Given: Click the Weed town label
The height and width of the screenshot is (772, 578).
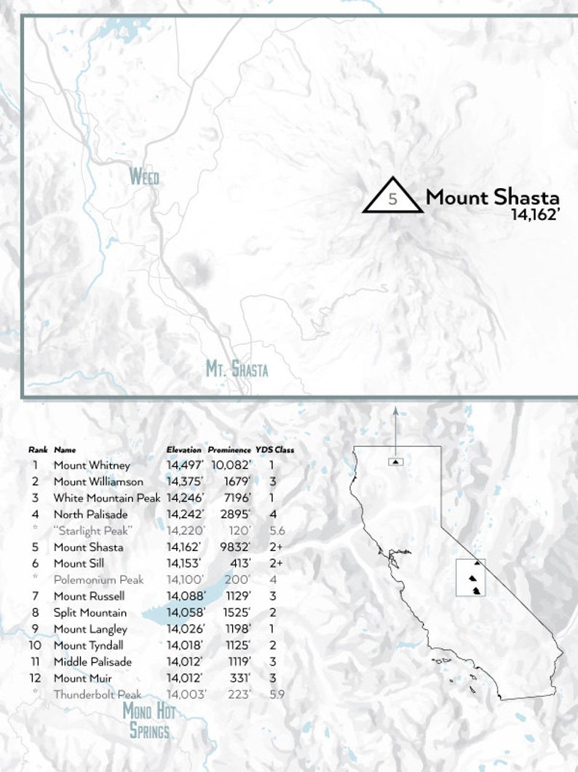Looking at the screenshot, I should pos(143,176).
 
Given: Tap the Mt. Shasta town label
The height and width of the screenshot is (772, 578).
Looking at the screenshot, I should pos(237,369).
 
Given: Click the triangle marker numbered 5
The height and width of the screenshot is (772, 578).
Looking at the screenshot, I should pos(393,196).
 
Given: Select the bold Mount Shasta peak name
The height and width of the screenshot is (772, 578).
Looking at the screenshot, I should pos(492,197).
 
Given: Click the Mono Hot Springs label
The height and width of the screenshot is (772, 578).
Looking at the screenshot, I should pos(149,720).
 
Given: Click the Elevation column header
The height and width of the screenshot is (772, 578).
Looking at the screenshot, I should pos(183,450).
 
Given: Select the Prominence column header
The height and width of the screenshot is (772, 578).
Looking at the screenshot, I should pos(229,450).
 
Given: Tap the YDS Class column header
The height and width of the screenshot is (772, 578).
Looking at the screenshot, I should pos(274,450).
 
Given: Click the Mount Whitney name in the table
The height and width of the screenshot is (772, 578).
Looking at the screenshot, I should pos(92,465).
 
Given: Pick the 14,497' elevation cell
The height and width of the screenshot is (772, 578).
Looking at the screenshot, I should pos(186,465).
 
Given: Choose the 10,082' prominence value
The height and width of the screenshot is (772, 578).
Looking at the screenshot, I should pos(231,465).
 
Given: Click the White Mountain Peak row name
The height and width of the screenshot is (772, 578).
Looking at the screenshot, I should pos(106,498).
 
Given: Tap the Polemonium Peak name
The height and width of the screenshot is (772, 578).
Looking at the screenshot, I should pos(98,580).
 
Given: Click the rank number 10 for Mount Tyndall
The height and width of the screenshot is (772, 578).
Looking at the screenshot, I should pos(34,645).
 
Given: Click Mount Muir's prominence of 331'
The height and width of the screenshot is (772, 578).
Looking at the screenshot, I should pos(240,678).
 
